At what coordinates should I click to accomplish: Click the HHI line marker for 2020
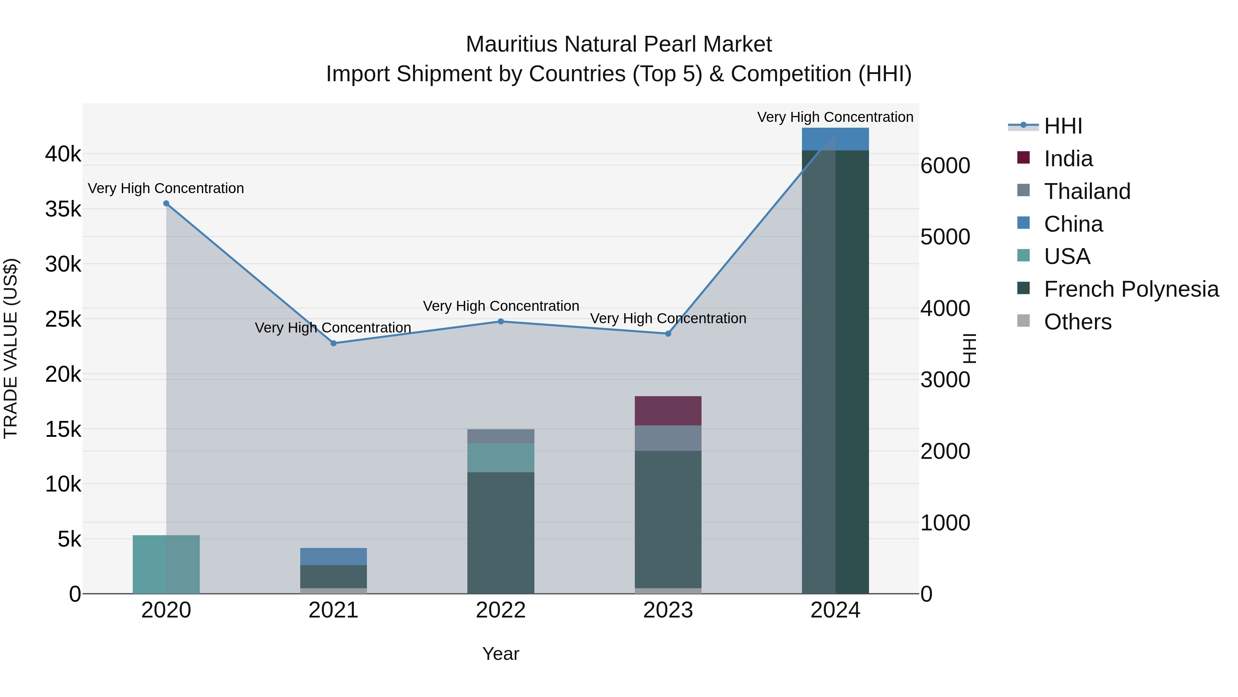click(166, 203)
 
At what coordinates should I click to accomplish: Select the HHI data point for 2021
click(334, 343)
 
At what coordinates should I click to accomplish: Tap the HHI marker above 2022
click(501, 321)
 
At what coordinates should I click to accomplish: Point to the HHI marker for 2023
click(668, 333)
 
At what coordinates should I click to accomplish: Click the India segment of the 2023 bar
click(668, 411)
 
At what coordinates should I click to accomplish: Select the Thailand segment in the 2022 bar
click(501, 436)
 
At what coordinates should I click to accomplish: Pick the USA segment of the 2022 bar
click(501, 457)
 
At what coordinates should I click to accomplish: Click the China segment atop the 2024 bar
click(835, 139)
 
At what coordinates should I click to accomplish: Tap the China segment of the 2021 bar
click(334, 557)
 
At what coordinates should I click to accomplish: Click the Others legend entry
click(1077, 322)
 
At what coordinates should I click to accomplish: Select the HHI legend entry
click(1063, 126)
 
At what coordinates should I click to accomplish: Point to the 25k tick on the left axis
click(63, 319)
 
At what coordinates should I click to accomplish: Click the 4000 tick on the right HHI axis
click(945, 309)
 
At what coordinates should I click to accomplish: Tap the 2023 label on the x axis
click(668, 610)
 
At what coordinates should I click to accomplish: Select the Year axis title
click(501, 654)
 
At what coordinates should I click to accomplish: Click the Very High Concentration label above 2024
click(835, 117)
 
